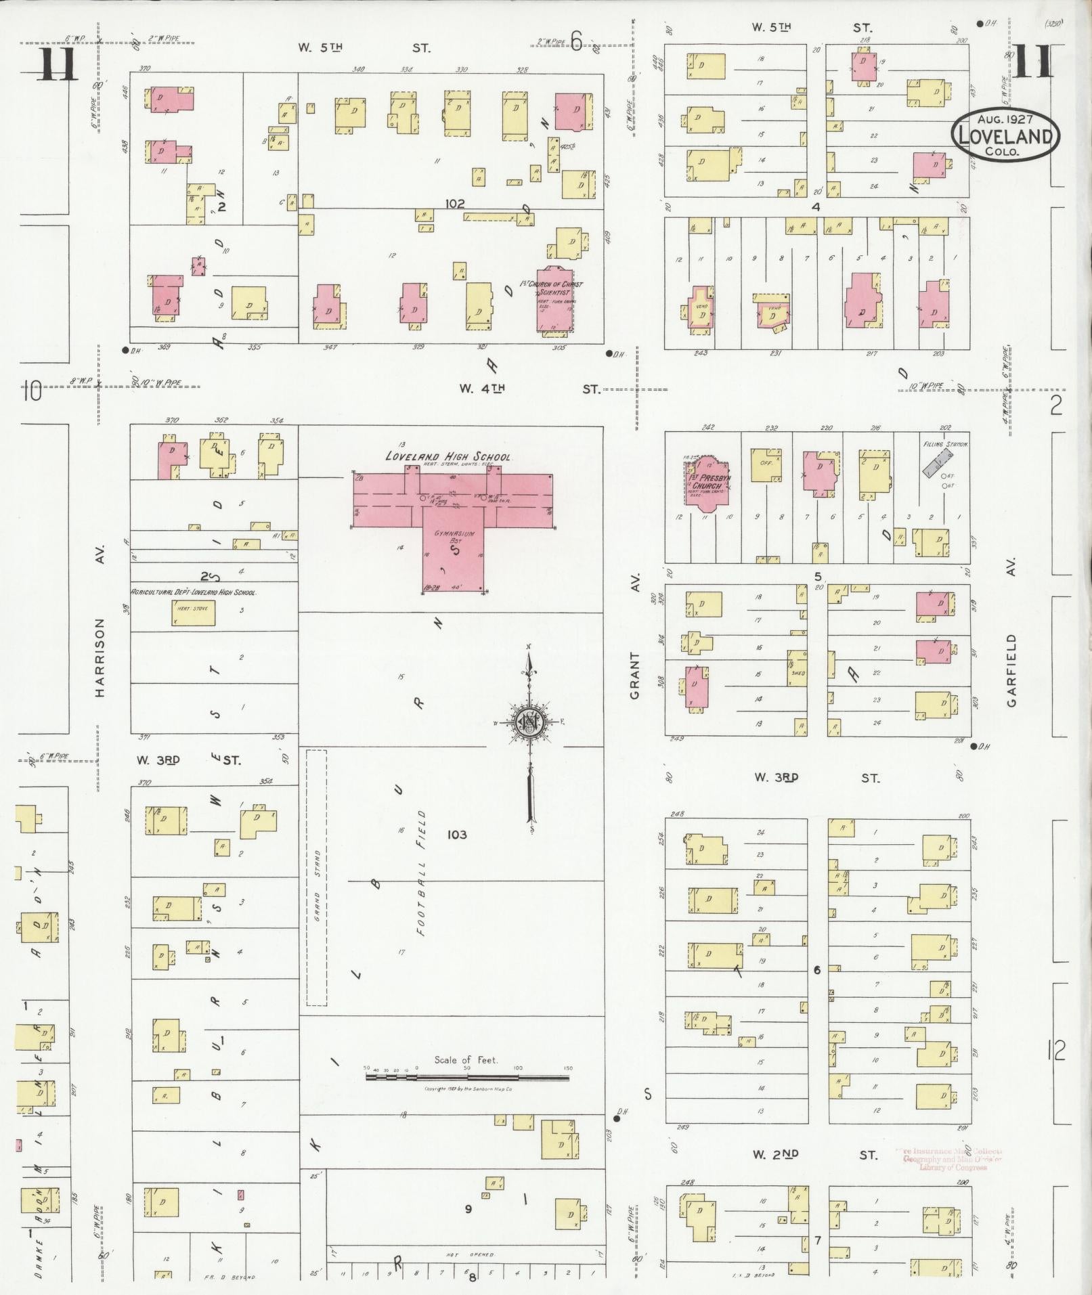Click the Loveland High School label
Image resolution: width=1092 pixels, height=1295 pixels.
tap(447, 456)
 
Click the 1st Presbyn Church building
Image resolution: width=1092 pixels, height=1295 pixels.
tap(705, 485)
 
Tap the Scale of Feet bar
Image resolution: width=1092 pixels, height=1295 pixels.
tap(467, 1077)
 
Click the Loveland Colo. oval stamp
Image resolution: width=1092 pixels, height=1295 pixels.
tap(1005, 136)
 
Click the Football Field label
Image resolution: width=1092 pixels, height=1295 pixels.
tap(421, 873)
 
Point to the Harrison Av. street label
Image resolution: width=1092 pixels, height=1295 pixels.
tap(100, 657)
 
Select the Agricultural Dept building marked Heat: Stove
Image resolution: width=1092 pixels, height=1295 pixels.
tap(193, 613)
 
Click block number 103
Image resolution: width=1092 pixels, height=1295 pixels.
tap(457, 835)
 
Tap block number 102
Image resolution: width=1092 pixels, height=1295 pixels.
tap(455, 203)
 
